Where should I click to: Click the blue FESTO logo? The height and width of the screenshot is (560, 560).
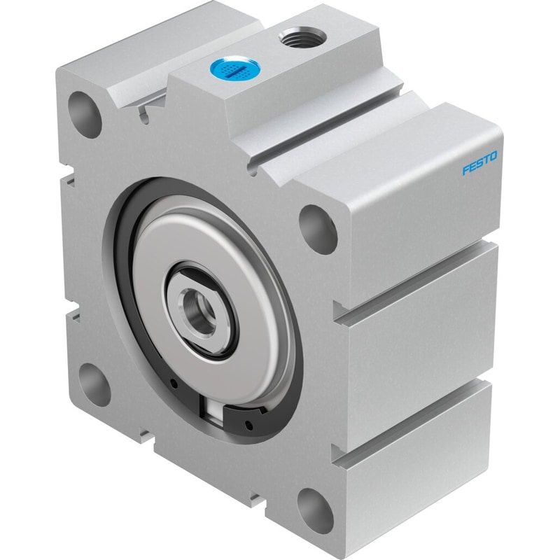[x=479, y=163]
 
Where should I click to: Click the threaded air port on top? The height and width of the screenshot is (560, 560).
[x=302, y=37]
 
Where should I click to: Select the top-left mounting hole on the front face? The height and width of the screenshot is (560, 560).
[x=84, y=114]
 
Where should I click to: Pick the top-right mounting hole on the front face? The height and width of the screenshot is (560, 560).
[x=318, y=229]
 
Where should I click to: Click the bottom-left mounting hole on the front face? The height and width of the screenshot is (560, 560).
[x=94, y=384]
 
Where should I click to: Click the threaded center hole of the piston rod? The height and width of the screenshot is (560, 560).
[x=199, y=309]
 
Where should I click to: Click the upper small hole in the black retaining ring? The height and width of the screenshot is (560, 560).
[x=174, y=384]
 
